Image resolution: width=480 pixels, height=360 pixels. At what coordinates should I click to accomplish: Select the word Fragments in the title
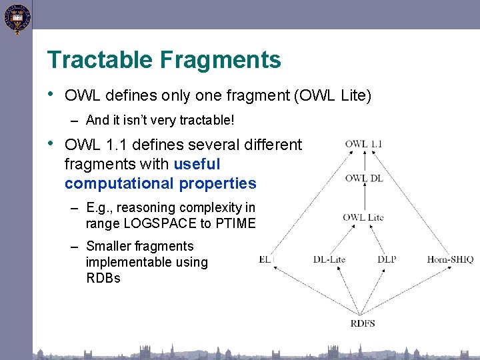click(x=220, y=60)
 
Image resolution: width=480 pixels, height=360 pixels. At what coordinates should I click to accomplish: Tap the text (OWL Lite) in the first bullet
click(x=332, y=95)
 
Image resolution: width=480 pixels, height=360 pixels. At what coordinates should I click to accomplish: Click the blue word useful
click(x=197, y=164)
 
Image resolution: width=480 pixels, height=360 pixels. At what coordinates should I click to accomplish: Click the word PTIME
click(x=235, y=223)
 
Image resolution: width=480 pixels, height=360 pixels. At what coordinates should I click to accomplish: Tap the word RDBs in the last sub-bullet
click(x=103, y=279)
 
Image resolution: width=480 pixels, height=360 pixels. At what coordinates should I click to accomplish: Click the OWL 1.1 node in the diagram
click(x=363, y=144)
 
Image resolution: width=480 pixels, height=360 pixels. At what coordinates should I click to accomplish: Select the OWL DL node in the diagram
click(x=363, y=178)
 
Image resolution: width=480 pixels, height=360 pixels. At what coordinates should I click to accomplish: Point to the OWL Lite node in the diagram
click(x=363, y=217)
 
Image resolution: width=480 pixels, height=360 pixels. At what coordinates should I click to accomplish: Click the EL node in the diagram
click(x=265, y=259)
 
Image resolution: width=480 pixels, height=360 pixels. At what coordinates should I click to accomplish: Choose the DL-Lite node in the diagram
click(x=329, y=259)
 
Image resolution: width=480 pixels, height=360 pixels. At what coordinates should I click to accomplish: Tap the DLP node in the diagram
click(x=387, y=259)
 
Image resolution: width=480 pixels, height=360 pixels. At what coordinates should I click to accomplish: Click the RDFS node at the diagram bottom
click(x=363, y=323)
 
